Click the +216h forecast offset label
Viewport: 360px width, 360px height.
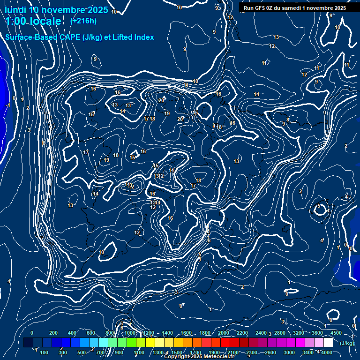83,21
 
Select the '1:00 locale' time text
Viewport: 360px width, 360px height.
33,21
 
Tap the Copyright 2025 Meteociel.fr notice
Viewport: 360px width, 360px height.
199,357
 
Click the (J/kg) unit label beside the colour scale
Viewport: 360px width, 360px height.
346,343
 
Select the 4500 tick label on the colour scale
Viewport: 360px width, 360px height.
336,333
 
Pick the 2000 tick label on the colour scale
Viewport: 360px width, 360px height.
224,333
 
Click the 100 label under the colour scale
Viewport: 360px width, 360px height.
45,352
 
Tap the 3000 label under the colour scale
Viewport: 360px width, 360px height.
289,352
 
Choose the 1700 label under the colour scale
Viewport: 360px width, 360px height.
195,352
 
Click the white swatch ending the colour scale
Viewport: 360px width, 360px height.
333,343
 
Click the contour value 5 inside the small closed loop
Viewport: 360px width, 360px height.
319,206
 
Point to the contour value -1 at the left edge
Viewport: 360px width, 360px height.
8,105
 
